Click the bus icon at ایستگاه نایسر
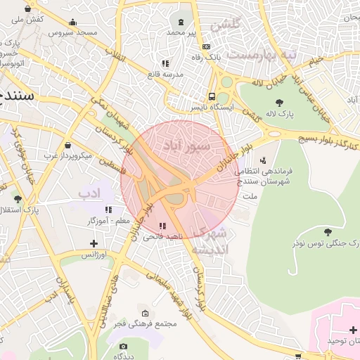click(212, 97)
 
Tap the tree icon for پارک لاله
click(280, 103)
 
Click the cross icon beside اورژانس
click(94, 243)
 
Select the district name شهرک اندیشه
click(211, 240)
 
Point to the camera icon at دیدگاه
click(124, 346)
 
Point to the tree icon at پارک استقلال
click(17, 199)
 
